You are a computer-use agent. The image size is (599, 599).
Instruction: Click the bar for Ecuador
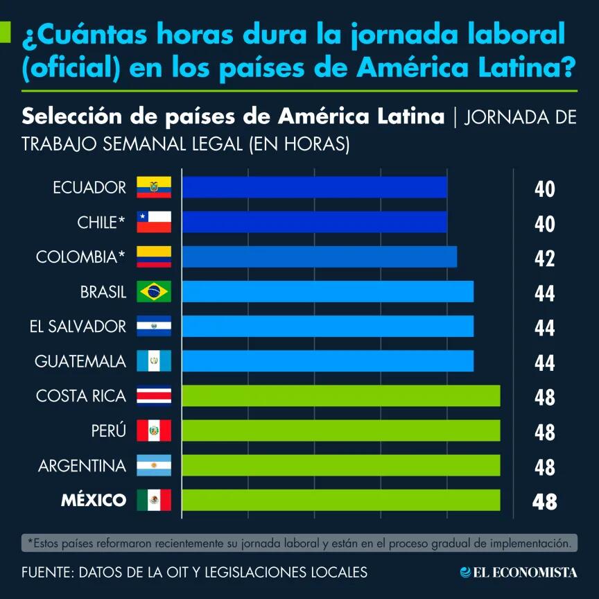(x=314, y=187)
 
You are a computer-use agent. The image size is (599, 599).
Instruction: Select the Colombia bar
(x=319, y=257)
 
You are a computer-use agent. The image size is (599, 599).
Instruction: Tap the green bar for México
(x=340, y=499)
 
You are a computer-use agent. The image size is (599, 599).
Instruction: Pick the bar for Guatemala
(x=327, y=361)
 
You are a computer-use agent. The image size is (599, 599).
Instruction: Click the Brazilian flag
(x=154, y=292)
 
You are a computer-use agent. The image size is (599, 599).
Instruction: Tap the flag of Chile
(x=154, y=222)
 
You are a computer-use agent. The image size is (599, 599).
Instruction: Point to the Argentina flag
(x=154, y=465)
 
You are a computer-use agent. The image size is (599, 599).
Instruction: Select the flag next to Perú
(x=154, y=431)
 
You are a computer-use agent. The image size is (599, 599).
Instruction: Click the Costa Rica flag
(x=154, y=396)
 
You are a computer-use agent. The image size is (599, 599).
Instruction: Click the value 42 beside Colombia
(x=545, y=259)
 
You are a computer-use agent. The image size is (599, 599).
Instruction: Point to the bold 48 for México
(x=545, y=501)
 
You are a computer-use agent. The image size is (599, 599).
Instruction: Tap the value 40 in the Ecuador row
(x=545, y=189)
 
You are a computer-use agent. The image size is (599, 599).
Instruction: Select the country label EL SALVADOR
(x=78, y=327)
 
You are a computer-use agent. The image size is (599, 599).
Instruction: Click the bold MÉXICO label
(x=94, y=500)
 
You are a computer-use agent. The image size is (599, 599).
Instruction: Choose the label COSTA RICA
(x=81, y=396)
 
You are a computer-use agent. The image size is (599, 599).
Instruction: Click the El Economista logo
(x=519, y=572)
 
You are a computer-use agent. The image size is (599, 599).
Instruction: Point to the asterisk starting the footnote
(x=29, y=541)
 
